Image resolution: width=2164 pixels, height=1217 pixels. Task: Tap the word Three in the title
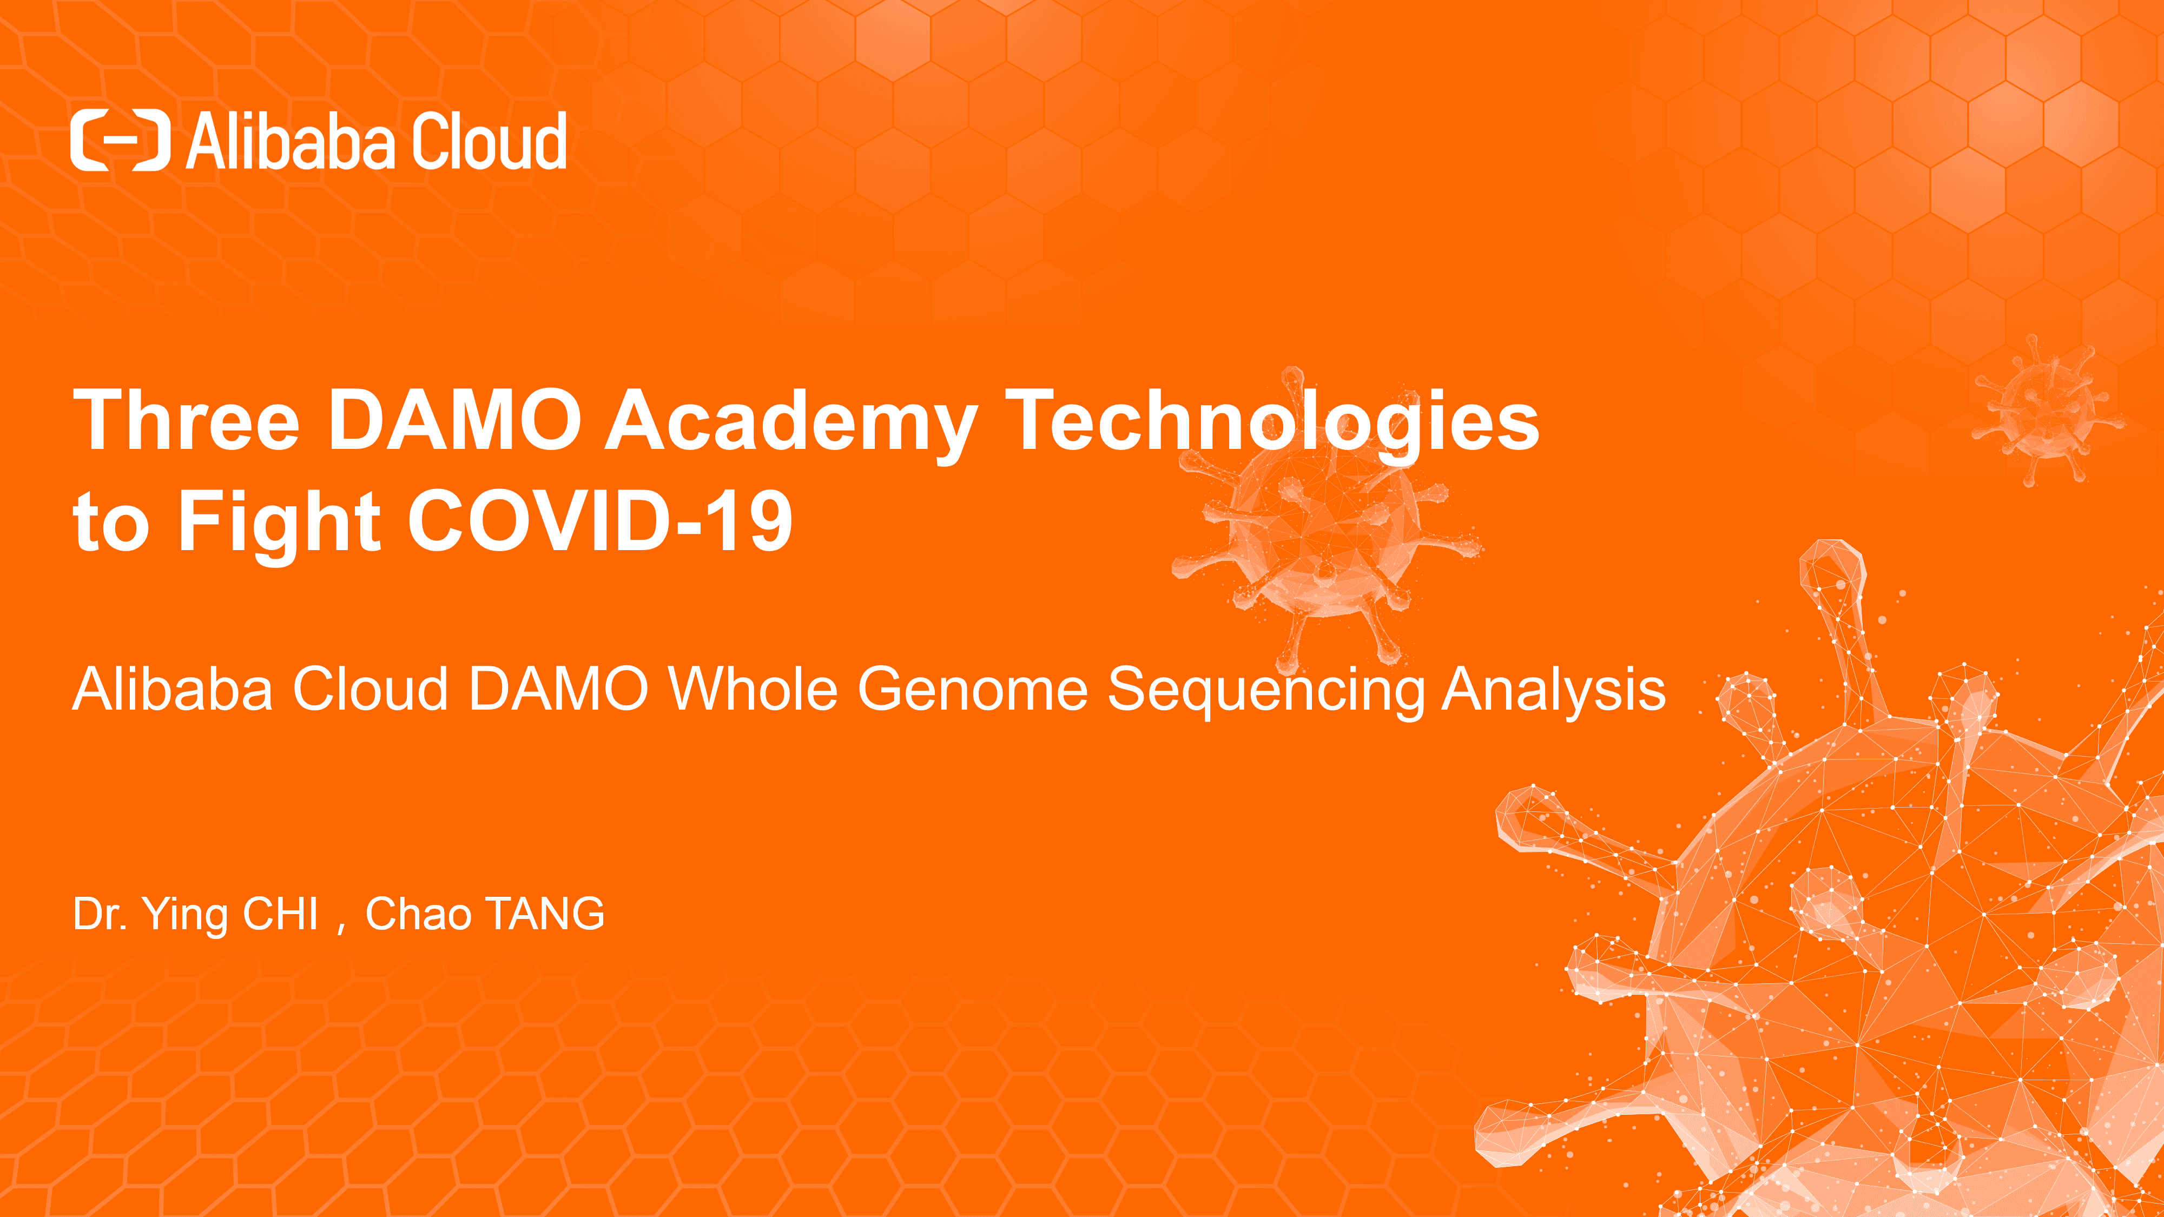187,419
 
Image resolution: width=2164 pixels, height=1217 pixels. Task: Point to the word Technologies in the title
1272,424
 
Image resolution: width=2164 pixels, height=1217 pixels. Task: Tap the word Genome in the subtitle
972,689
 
